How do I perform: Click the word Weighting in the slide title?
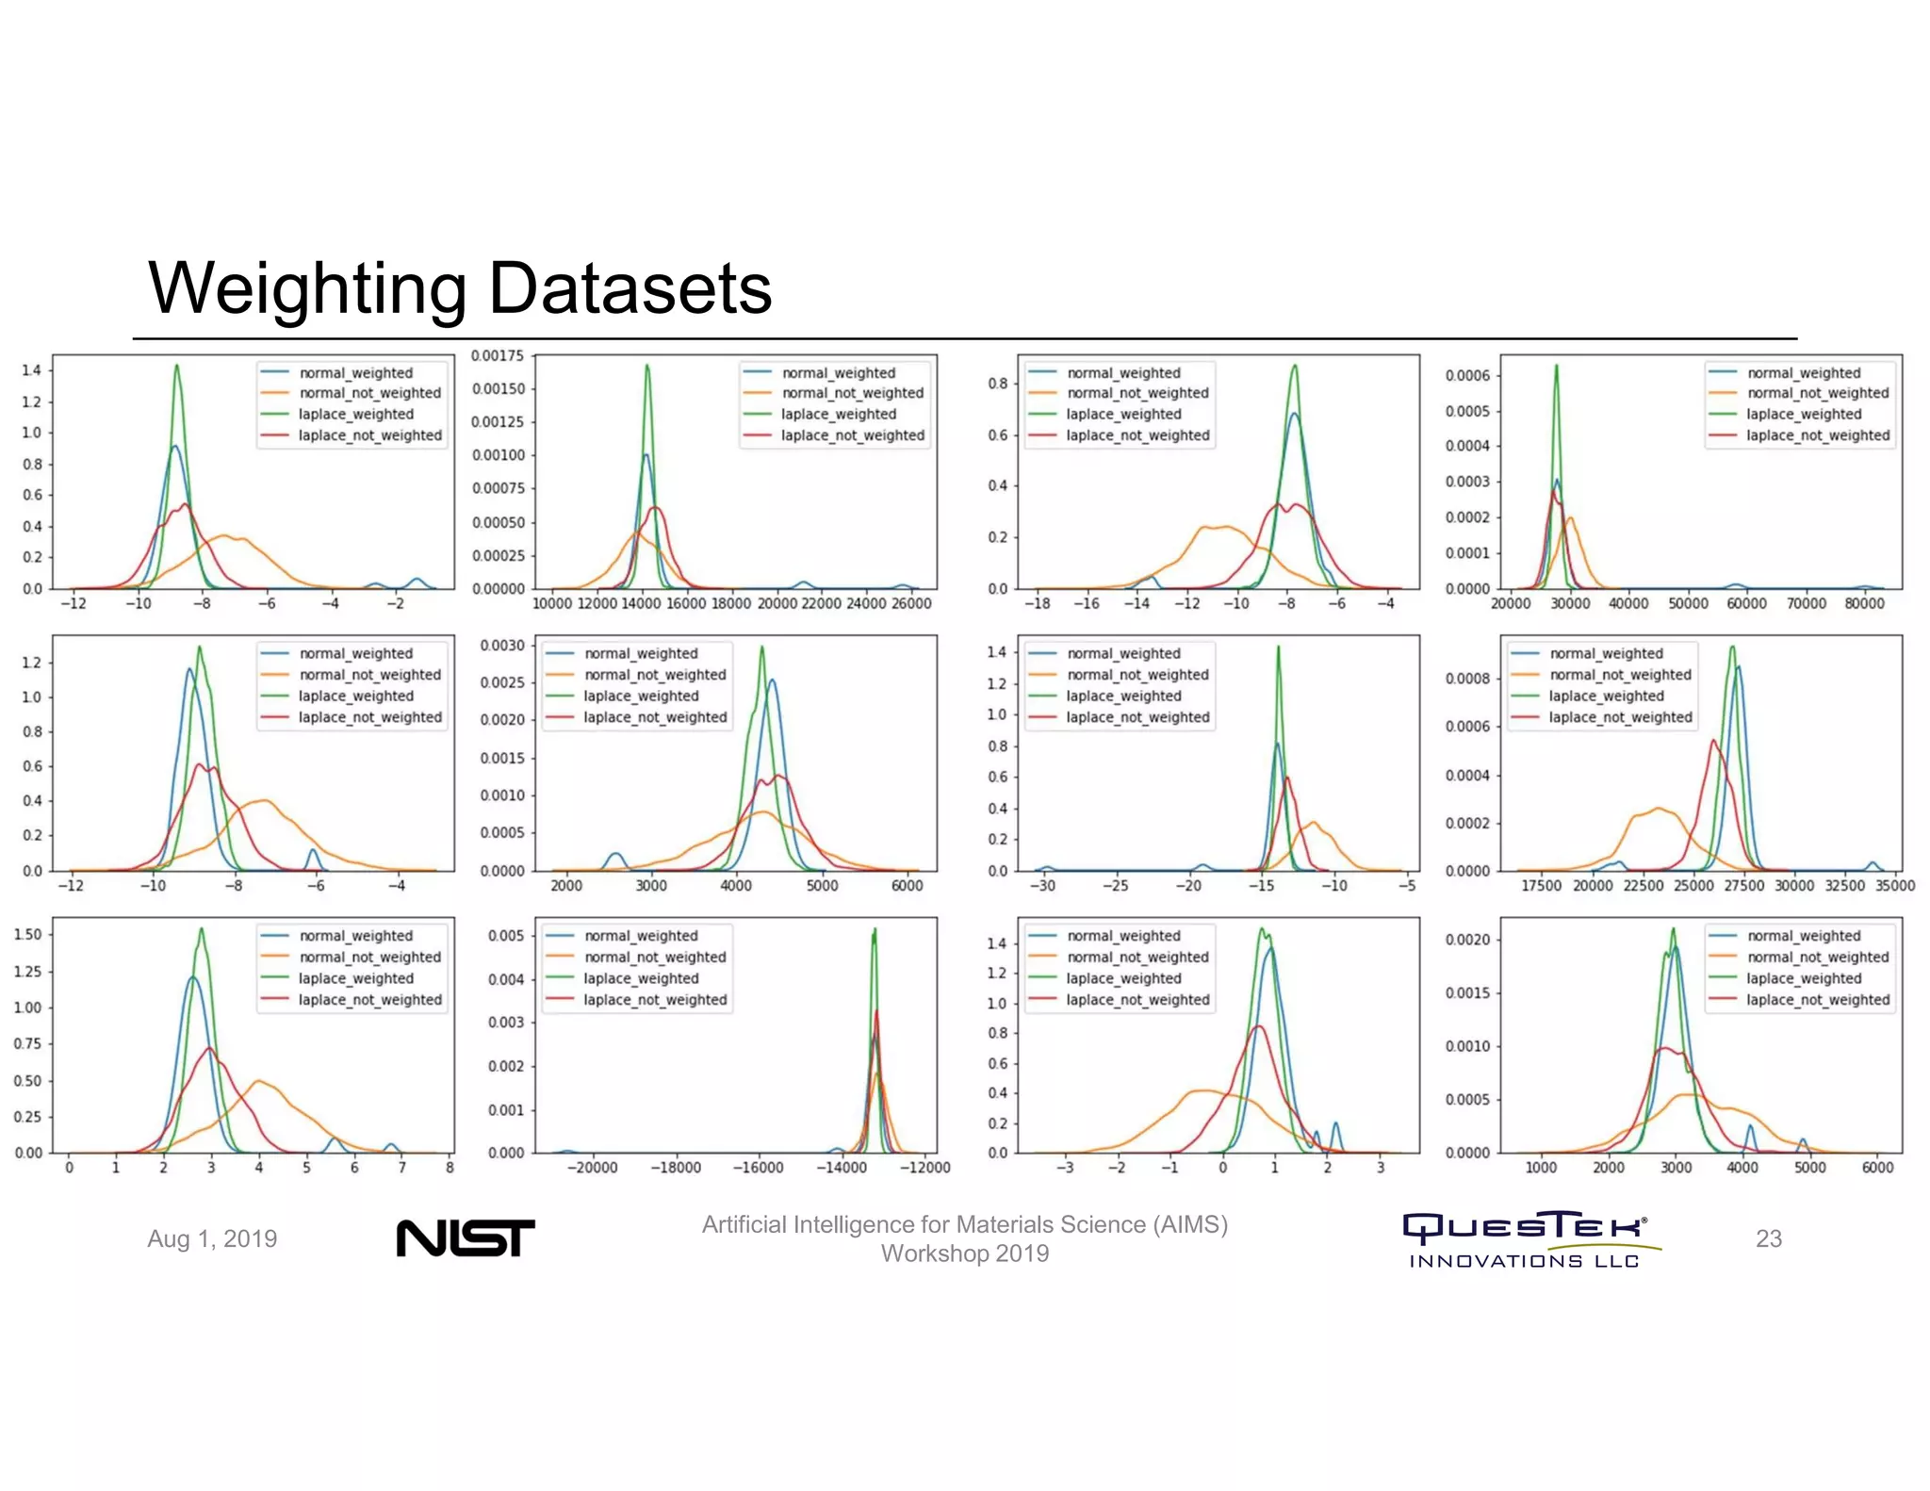tap(307, 288)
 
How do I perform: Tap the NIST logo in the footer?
tap(465, 1237)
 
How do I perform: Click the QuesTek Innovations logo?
tap(1526, 1238)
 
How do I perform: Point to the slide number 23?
tap(1768, 1238)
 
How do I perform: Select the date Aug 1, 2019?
tap(212, 1238)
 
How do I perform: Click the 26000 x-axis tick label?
tap(910, 603)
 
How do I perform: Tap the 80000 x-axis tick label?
tap(1863, 603)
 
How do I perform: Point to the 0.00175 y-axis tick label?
tap(498, 355)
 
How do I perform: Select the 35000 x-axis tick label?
tap(1894, 885)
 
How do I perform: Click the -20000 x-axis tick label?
tap(593, 1167)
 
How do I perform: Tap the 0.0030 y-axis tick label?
tap(501, 646)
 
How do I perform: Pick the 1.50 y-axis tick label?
tap(28, 934)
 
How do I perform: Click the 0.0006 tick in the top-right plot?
tap(1466, 375)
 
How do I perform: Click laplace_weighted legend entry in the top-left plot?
tap(355, 414)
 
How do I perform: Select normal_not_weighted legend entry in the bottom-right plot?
tap(1817, 957)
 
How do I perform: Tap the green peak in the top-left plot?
tap(176, 368)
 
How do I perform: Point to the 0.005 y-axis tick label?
tap(505, 935)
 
